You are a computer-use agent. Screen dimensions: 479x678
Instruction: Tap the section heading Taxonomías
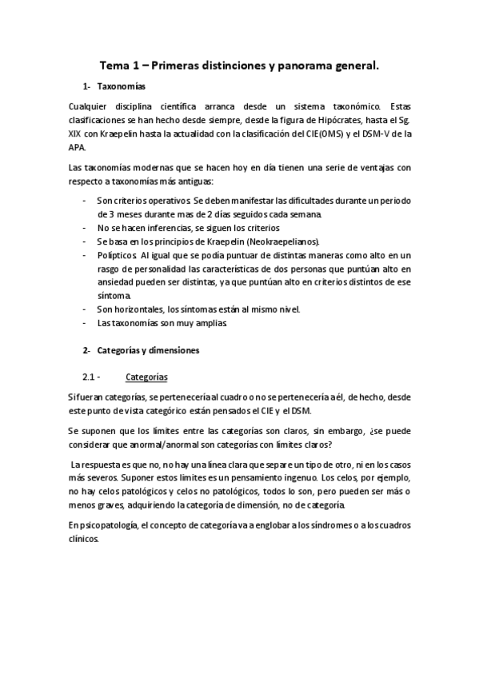121,86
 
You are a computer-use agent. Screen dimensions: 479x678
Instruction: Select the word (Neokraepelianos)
282,241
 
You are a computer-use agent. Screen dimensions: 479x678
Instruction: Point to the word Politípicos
117,255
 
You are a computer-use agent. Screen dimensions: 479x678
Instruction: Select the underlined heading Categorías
146,377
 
